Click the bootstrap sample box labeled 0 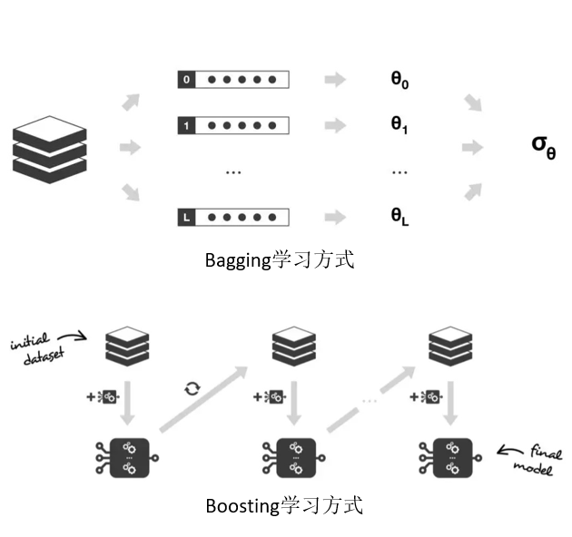(233, 80)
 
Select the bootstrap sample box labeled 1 (233, 125)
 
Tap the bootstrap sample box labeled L (233, 217)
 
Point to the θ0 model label (399, 80)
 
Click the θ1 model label (399, 125)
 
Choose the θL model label (399, 217)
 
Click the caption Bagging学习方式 (279, 261)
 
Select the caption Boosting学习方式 (283, 506)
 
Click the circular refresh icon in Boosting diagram (192, 388)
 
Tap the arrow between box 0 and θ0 (335, 80)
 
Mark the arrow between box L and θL (335, 217)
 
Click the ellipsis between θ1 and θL (399, 170)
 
